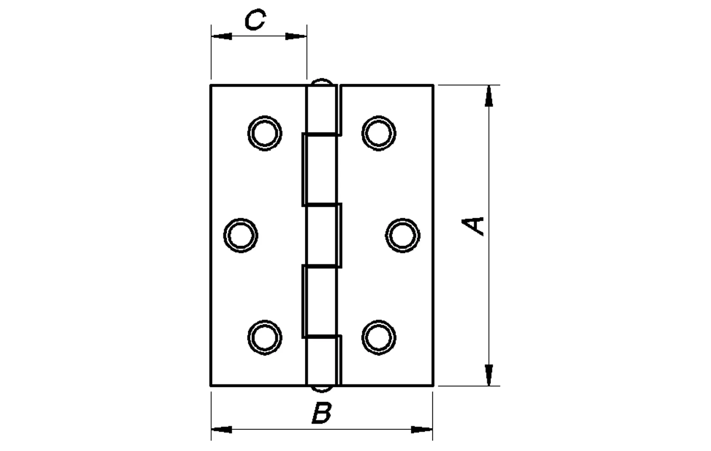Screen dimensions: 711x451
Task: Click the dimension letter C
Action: (255, 20)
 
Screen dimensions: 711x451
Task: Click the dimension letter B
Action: (322, 413)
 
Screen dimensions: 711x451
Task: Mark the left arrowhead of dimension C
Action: (221, 36)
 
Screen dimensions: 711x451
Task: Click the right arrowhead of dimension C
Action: (296, 36)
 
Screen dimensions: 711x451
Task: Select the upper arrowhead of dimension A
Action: (489, 96)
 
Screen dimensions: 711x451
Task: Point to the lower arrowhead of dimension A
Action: (489, 375)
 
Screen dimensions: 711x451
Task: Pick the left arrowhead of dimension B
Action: (221, 430)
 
